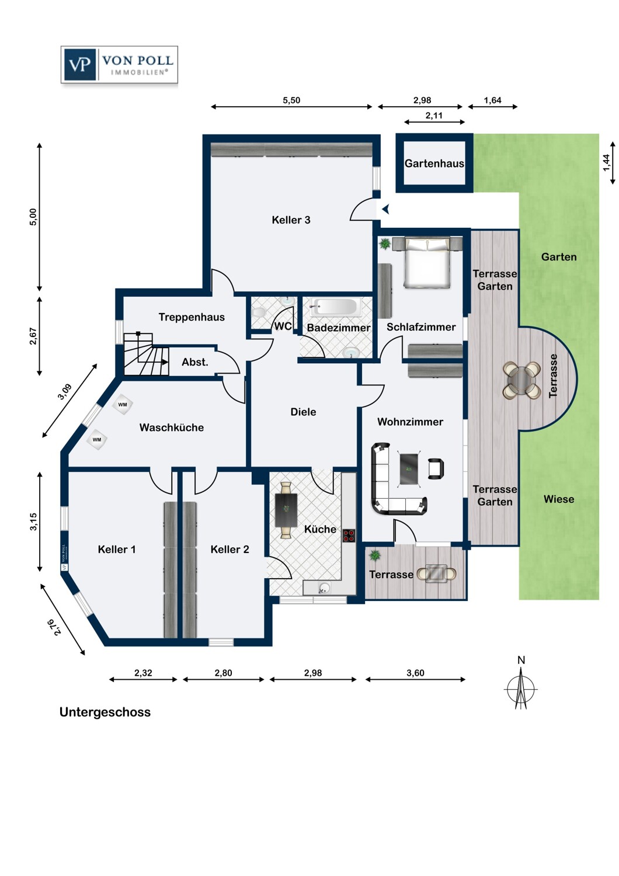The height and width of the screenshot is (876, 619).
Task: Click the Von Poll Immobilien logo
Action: tap(119, 64)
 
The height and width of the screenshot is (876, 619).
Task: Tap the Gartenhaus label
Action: tap(434, 164)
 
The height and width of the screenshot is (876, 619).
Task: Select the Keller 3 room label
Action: tap(291, 220)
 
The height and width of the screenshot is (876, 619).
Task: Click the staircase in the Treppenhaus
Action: tap(146, 354)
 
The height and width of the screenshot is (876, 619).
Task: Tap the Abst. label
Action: tap(194, 362)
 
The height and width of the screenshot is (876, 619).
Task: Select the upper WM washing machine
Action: tap(123, 405)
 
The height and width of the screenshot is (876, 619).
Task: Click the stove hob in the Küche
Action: tap(349, 536)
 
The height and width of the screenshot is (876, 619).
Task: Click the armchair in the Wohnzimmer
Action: tap(436, 468)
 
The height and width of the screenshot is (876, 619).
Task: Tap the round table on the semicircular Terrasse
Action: tap(521, 380)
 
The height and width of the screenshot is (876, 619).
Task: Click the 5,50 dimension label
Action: tap(291, 100)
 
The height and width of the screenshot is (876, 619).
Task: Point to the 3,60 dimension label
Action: tap(415, 673)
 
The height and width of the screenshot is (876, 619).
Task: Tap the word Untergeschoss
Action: tap(105, 712)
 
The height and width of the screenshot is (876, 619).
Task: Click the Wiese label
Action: tap(559, 499)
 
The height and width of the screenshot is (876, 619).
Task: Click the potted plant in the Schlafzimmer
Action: tap(385, 244)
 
